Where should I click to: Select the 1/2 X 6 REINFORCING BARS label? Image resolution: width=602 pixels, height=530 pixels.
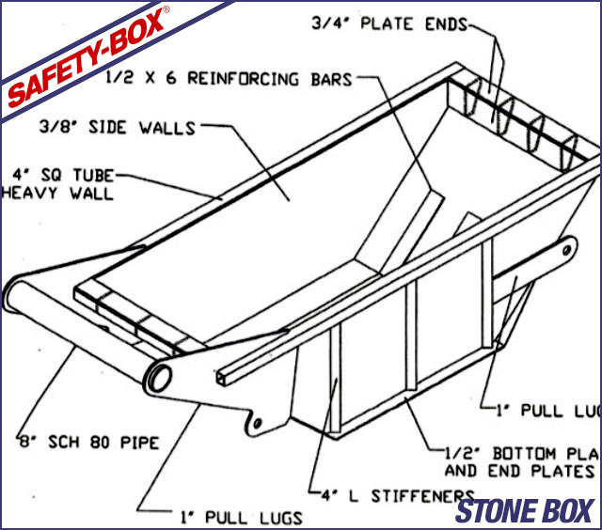[x=230, y=79]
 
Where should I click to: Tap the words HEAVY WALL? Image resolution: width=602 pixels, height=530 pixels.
[x=56, y=194]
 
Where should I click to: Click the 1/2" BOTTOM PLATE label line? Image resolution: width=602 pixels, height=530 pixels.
[x=522, y=453]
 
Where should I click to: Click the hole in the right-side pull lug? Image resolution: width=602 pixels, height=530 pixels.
[x=567, y=248]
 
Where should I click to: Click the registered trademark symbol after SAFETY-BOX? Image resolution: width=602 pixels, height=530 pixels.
[x=166, y=8]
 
